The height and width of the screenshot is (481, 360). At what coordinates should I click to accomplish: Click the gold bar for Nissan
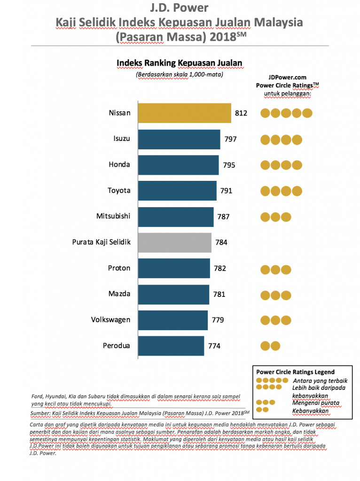(184, 113)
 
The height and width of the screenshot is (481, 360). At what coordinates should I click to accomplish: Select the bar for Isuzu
(179, 140)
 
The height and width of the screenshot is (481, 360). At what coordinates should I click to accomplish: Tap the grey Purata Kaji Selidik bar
(175, 242)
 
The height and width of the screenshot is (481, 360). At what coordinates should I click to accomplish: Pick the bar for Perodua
(171, 346)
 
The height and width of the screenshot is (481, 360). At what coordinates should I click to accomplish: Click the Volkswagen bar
(173, 320)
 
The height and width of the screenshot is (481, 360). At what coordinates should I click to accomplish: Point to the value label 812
(241, 114)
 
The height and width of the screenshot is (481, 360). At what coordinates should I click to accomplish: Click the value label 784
(221, 243)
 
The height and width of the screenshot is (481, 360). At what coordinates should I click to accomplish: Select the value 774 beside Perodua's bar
(214, 346)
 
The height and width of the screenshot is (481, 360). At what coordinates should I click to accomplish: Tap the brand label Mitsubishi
(113, 217)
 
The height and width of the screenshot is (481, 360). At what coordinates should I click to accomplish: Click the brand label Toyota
(119, 191)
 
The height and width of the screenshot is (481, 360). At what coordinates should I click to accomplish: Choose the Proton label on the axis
(119, 268)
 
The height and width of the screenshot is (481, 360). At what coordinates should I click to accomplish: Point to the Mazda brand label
(119, 294)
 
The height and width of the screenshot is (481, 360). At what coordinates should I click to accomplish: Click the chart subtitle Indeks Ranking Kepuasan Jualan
(179, 63)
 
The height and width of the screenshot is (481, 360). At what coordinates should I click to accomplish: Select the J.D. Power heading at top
(179, 8)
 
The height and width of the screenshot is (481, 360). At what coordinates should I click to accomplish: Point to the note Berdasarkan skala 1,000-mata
(179, 74)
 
